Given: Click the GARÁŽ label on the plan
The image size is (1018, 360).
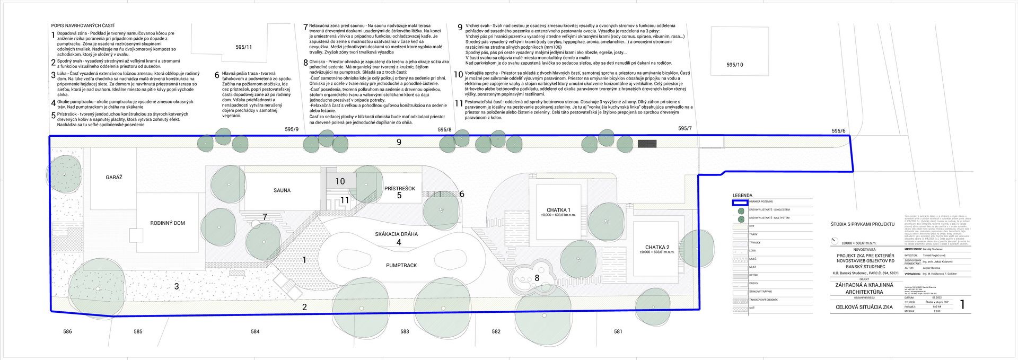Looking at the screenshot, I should point(113,177).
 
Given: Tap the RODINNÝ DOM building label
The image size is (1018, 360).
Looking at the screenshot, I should point(168,223).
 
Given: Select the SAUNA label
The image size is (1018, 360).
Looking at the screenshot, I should point(282,190).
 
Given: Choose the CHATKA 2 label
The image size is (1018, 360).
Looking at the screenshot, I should point(657,248).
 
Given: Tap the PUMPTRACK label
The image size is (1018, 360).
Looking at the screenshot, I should point(401,265).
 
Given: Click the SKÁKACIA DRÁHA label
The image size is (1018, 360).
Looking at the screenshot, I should point(396,234).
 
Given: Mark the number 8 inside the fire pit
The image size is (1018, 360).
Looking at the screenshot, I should point(537,277).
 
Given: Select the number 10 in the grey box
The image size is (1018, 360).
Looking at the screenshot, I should point(340,181).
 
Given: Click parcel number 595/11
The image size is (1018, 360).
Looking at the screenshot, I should point(244,47).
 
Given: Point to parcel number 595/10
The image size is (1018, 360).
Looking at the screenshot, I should point(734,65).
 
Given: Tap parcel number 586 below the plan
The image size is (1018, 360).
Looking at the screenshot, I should point(67,332).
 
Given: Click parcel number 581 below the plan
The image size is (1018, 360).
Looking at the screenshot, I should point(618,332).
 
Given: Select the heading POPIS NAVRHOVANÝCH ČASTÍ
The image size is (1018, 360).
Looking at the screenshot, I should point(83,25).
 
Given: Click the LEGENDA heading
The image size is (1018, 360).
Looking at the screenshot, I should point(742,195).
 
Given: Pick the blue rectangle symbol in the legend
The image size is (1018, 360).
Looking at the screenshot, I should point(740,202).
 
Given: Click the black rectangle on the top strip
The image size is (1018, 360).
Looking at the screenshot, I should point(647,144).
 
